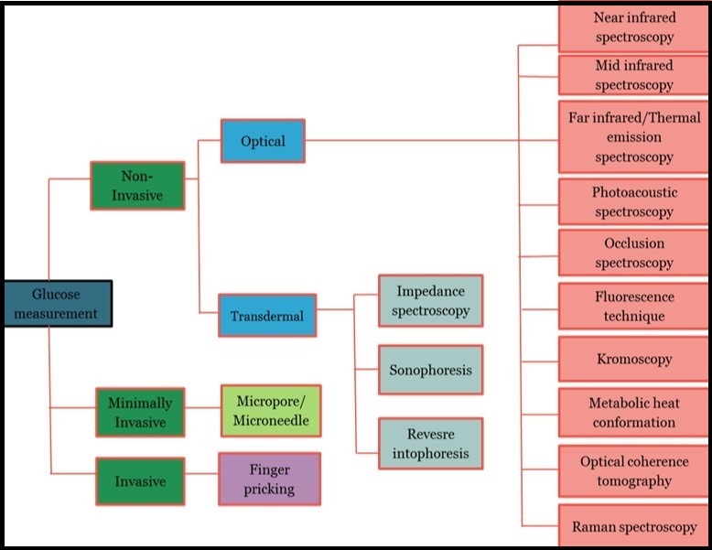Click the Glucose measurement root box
[57, 304]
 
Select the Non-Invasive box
[137, 185]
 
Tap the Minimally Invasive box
[140, 412]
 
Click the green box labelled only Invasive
[140, 480]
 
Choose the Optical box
[263, 141]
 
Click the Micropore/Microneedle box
[270, 411]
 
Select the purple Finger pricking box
[269, 479]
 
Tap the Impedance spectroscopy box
[431, 301]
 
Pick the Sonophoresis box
[431, 371]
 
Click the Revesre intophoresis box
[431, 443]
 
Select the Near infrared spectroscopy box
[634, 27]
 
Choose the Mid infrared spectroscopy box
[634, 75]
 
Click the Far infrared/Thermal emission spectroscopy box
[634, 137]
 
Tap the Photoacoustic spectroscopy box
[634, 202]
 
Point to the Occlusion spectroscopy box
[634, 253]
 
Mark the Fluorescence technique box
[634, 307]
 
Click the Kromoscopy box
[634, 360]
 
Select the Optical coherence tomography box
[634, 471]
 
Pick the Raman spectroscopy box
[634, 527]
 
